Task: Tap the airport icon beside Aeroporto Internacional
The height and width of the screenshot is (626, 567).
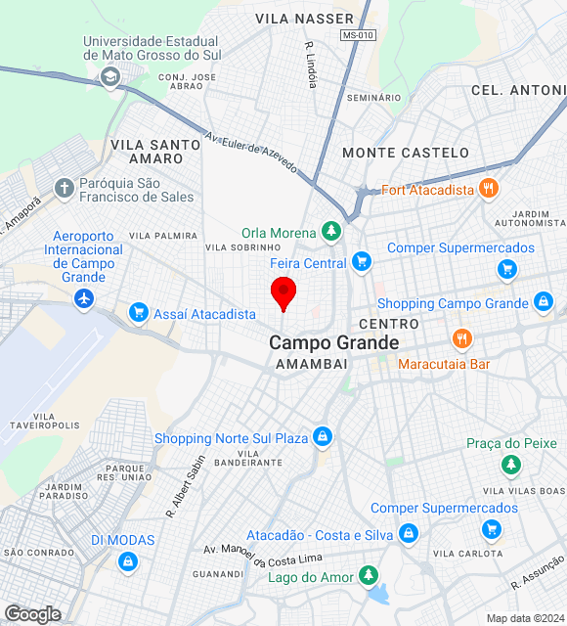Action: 84,297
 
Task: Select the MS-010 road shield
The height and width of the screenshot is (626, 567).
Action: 358,35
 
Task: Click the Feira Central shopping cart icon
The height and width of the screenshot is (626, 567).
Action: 362,261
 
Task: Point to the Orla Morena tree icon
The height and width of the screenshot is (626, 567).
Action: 332,232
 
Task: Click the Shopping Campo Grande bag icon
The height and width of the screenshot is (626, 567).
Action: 543,302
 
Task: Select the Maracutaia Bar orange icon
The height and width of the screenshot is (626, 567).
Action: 462,339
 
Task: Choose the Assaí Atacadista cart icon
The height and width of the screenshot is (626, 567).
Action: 138,313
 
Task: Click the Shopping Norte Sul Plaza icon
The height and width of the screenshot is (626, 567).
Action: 322,436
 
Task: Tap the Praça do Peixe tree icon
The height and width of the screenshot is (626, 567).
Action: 509,465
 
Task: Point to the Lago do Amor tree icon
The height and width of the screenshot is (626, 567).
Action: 369,575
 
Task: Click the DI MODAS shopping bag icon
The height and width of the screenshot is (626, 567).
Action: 126,561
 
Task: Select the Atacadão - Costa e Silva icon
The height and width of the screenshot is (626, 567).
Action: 408,534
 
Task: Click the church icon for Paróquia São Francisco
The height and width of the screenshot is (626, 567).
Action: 65,188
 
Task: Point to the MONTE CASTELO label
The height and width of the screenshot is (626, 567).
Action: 406,153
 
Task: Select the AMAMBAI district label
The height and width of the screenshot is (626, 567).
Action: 312,364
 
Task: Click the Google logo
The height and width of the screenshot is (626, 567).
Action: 32,614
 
